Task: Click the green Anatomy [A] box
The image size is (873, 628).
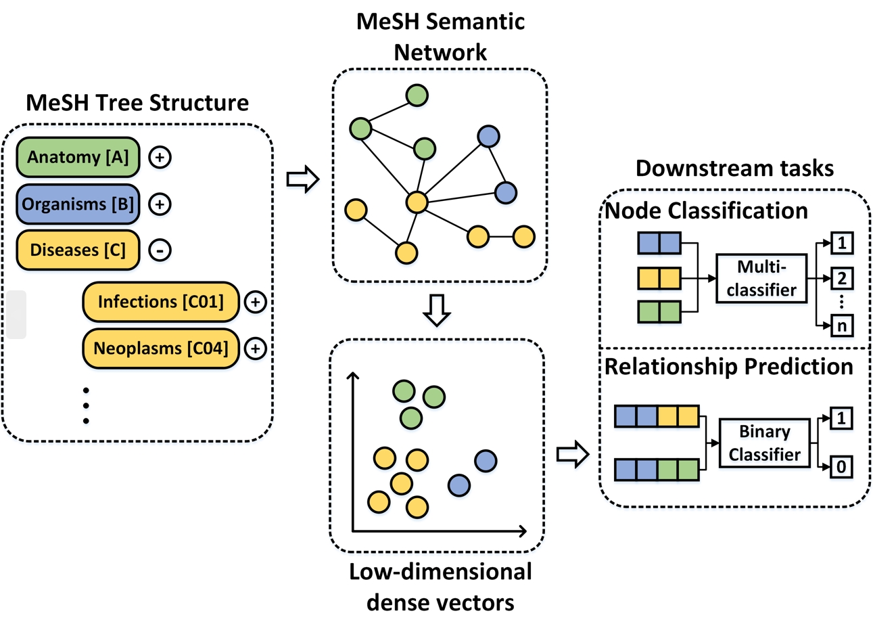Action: coord(78,157)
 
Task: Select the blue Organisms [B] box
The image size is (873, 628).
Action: coord(78,204)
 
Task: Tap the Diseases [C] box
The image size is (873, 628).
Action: coord(78,250)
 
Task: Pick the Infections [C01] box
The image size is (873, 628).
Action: coord(160,301)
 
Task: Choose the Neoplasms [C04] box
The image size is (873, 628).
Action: coord(160,349)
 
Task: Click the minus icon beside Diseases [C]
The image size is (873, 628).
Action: coord(160,250)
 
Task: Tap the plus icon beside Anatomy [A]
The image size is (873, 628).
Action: coord(160,157)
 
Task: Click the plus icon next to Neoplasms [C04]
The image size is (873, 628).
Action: coord(255,349)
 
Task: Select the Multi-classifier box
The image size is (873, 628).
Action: coord(761,278)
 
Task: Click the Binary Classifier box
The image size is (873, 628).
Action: coord(764,443)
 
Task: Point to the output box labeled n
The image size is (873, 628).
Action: coord(842,326)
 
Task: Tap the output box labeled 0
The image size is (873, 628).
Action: coord(841,466)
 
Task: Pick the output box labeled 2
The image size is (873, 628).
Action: coord(842,277)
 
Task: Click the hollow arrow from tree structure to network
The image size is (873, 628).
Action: coord(302,179)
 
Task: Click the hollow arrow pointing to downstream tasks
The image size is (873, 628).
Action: coord(572,454)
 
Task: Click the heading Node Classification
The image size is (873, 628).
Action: coord(706,211)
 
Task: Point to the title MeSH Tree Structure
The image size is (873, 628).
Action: coord(137,103)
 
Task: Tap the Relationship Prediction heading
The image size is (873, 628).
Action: coord(728,367)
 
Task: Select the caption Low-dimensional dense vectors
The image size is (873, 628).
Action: coord(440,587)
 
